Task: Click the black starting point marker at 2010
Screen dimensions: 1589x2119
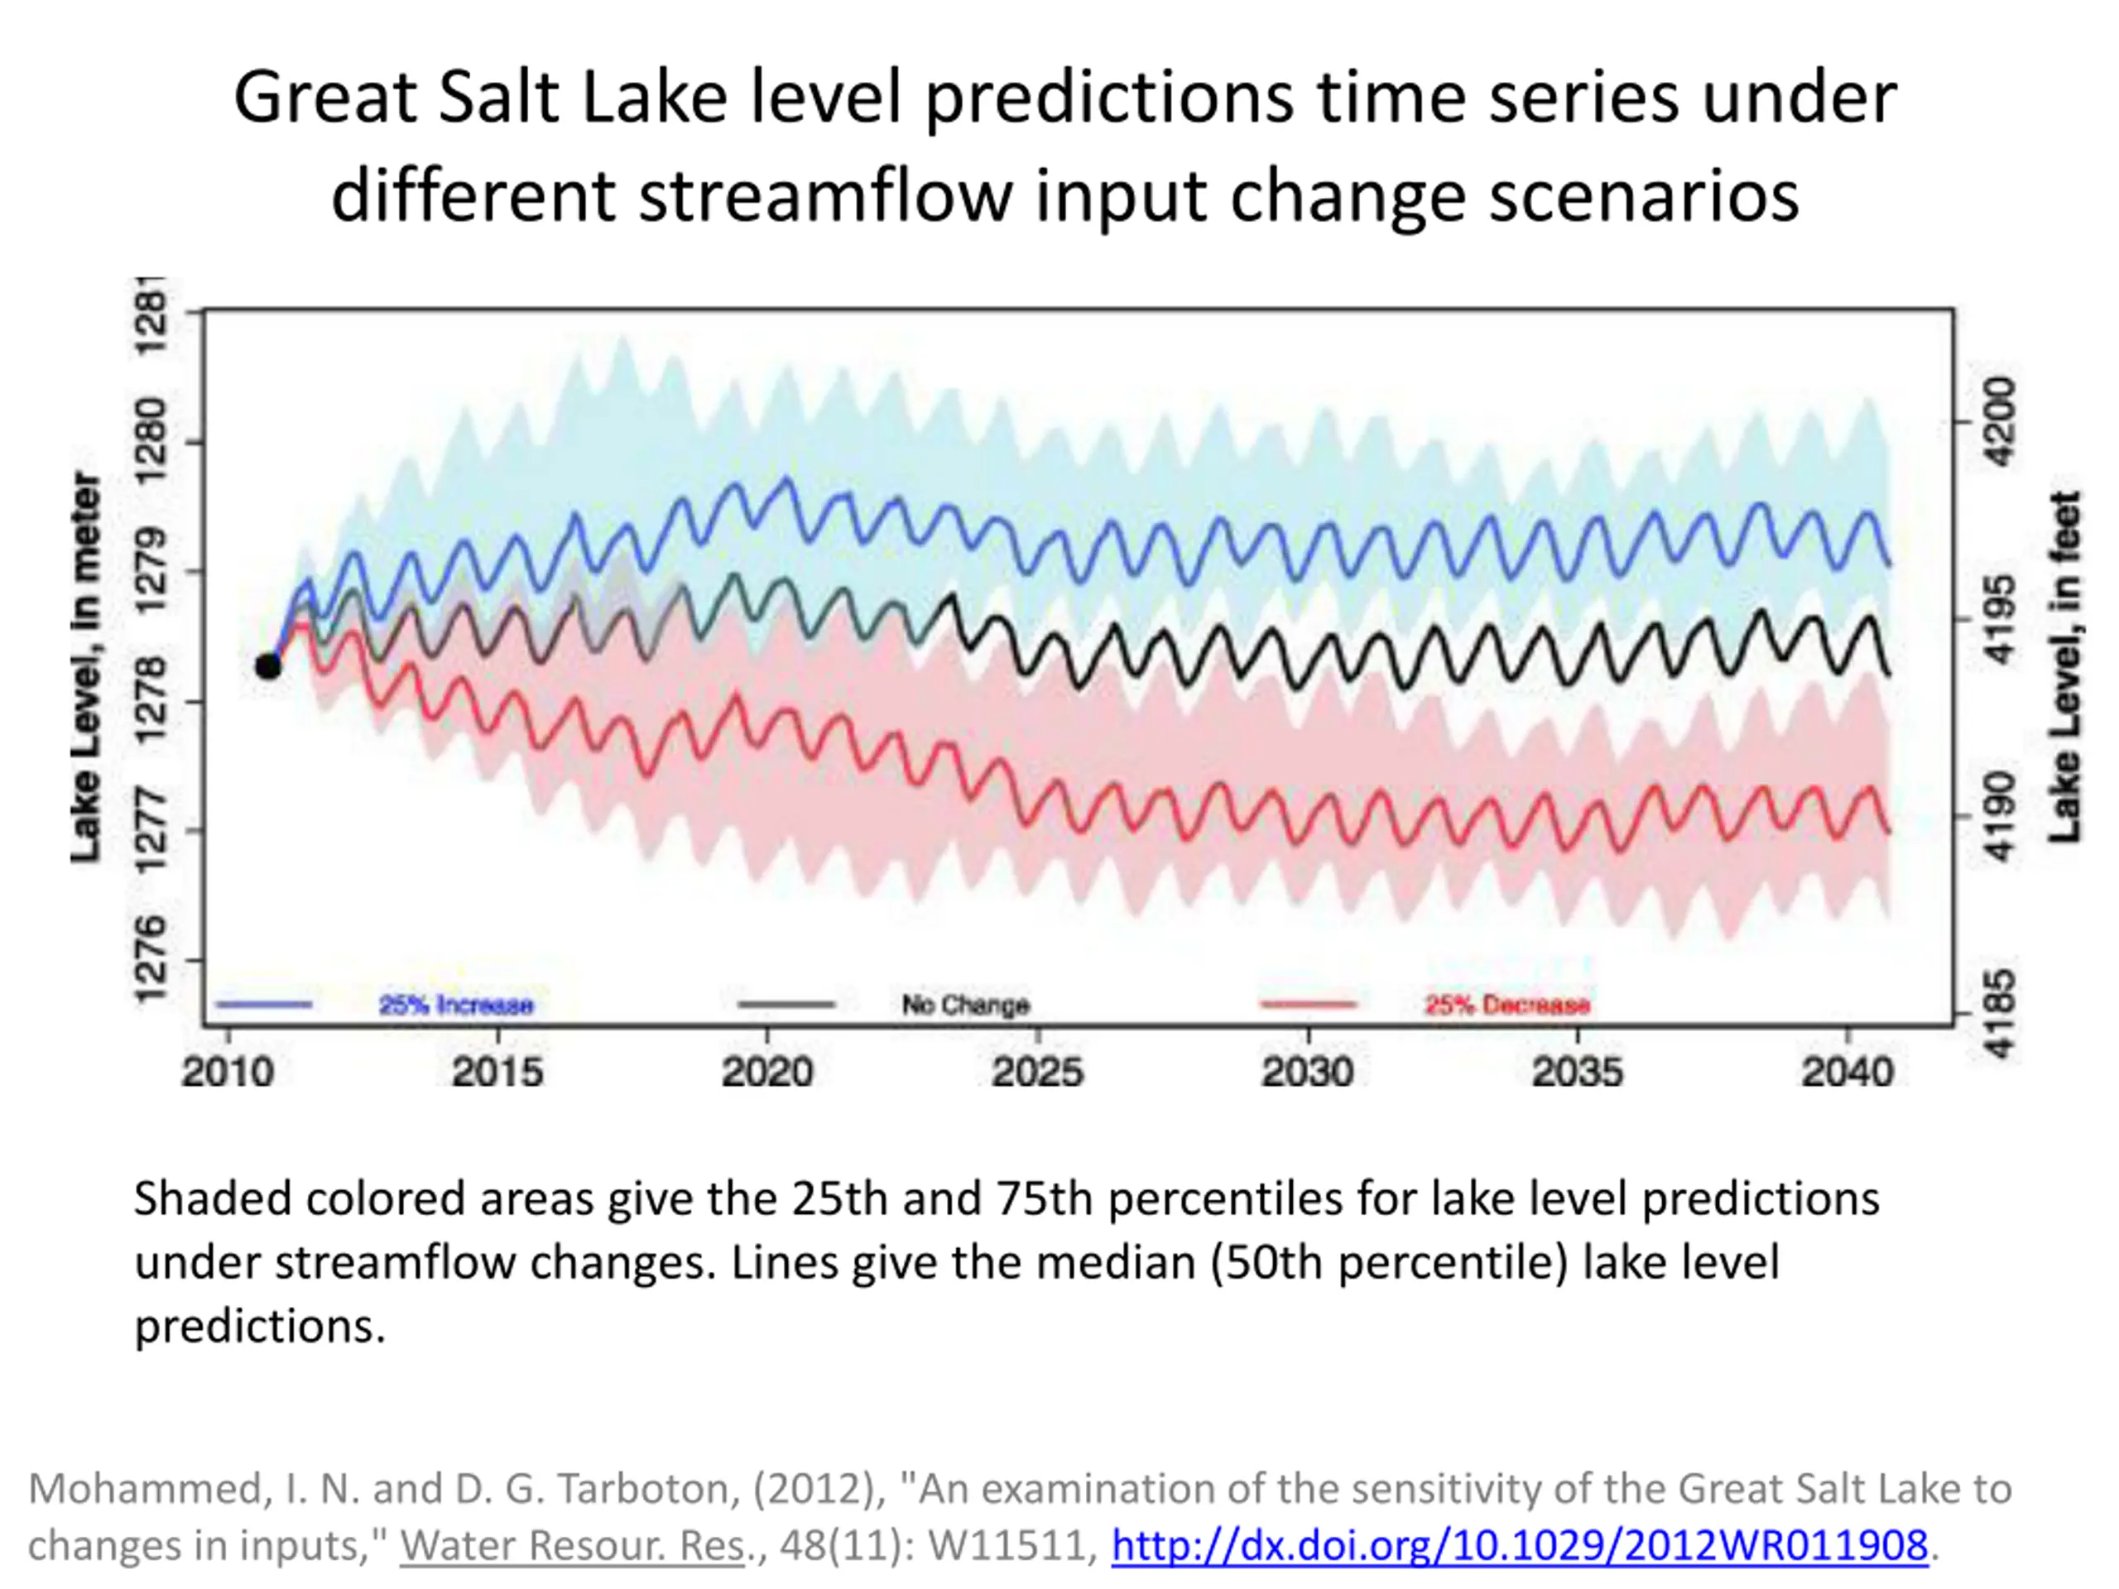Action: [268, 665]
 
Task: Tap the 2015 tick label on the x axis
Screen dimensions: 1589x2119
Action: [497, 1072]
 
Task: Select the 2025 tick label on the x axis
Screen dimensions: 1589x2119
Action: [1037, 1072]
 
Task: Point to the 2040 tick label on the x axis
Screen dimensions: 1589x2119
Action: [1848, 1072]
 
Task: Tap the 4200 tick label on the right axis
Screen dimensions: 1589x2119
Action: [1999, 421]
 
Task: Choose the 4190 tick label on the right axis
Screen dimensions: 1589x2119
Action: [1999, 817]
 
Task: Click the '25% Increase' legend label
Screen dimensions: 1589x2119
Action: [456, 1005]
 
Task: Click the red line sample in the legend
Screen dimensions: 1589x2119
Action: [1309, 1005]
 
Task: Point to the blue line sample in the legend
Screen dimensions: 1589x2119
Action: [264, 1005]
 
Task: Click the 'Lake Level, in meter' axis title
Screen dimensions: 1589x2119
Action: [86, 668]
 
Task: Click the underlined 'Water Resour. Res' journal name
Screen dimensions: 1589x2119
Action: [572, 1545]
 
